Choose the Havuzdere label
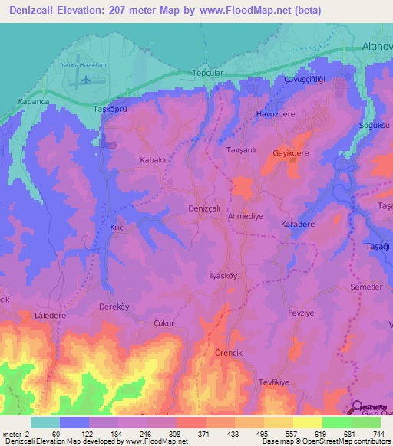276,115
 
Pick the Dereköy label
117,307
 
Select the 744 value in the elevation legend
378,434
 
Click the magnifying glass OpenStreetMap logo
358,408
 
